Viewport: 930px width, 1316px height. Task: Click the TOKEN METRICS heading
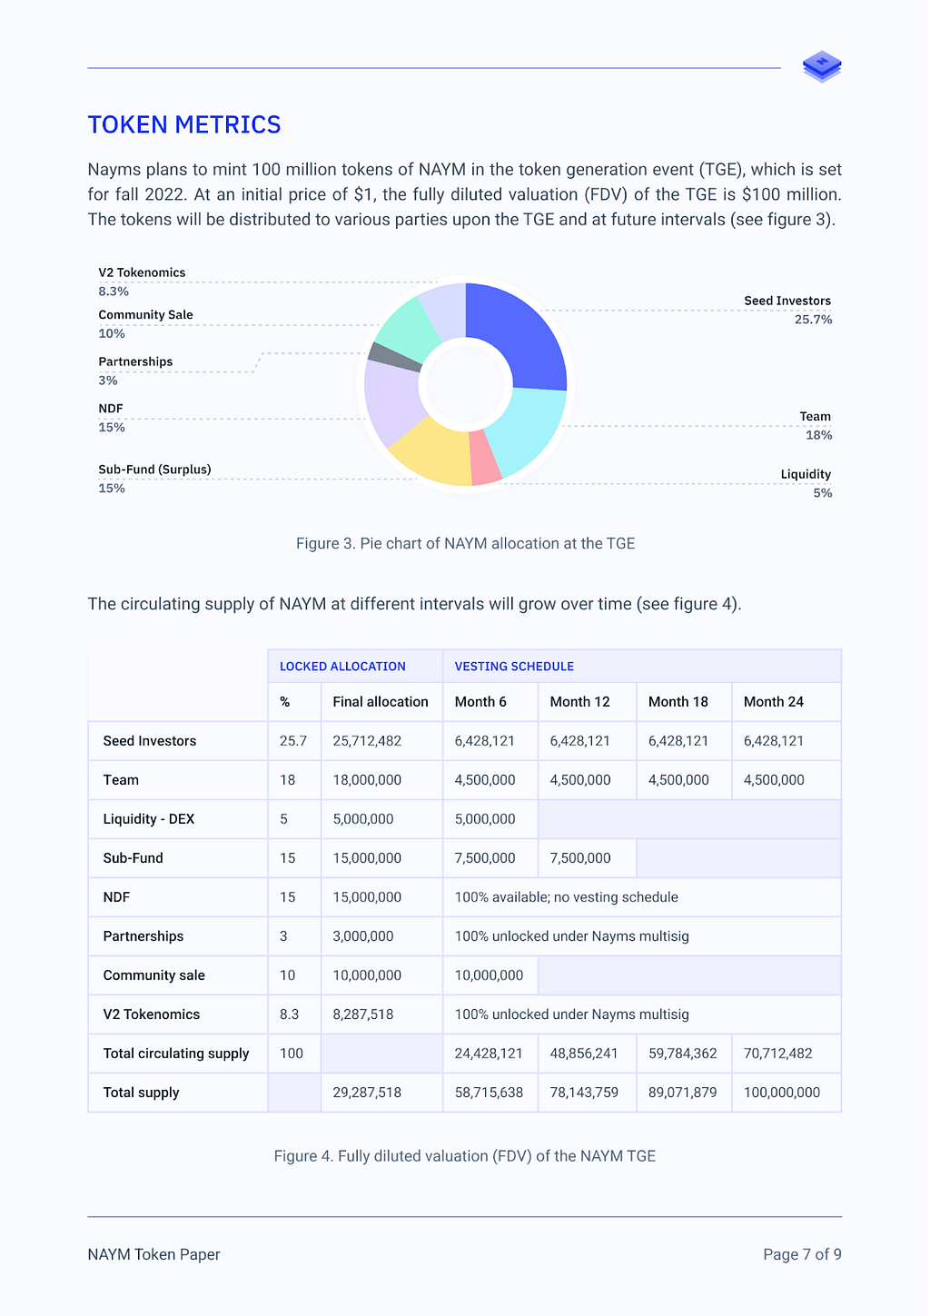tap(183, 124)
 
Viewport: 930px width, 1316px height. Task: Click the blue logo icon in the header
tap(822, 66)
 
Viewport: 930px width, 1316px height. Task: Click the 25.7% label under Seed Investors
tap(813, 320)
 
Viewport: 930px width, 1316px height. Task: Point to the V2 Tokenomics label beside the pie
tap(142, 272)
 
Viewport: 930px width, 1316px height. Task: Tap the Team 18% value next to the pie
tap(818, 435)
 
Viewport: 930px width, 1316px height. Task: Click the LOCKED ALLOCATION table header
tap(342, 667)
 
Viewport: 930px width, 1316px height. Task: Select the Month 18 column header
tap(678, 701)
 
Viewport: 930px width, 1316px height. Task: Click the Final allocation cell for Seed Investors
tap(367, 741)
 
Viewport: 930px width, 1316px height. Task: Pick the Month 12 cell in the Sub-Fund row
tap(579, 857)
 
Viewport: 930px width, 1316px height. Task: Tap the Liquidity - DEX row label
tap(149, 819)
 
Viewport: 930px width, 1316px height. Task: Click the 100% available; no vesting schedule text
tap(567, 897)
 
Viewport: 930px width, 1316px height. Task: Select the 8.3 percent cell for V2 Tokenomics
tap(289, 1014)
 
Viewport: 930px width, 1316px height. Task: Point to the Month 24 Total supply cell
tap(781, 1093)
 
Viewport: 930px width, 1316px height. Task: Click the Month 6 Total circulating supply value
tap(489, 1054)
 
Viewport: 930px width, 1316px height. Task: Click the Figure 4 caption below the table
tap(465, 1156)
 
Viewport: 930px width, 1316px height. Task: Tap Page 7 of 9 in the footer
tap(802, 1254)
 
